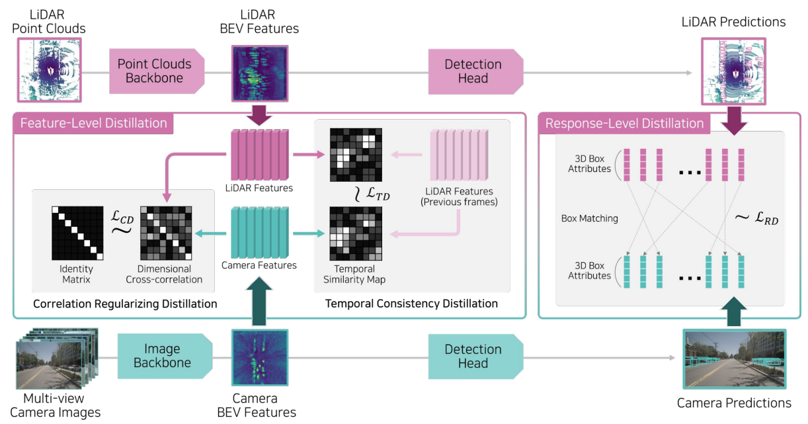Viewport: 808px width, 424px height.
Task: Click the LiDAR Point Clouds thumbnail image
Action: (48, 71)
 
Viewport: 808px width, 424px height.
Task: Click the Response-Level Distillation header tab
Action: (625, 124)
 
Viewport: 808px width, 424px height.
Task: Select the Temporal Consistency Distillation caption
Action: (411, 304)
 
